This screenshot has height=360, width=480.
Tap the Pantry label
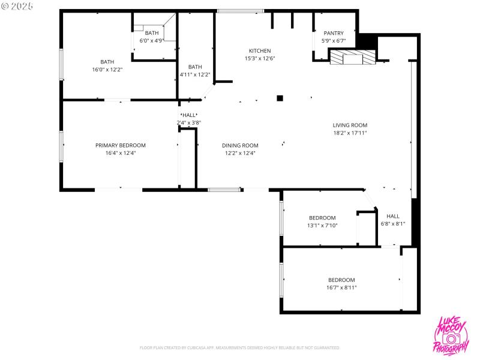(334, 34)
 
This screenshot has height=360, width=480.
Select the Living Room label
(350, 125)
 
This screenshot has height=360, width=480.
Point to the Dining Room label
(240, 145)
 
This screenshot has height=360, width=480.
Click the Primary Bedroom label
(121, 145)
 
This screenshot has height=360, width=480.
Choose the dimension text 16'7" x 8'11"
(341, 287)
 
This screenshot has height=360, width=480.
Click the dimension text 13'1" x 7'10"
(322, 226)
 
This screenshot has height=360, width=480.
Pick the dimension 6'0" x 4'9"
(152, 41)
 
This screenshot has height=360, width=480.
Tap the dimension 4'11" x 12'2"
(195, 74)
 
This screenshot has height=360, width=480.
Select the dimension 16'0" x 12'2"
(107, 70)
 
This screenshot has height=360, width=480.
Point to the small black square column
(280, 98)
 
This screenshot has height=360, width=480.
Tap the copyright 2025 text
(17, 5)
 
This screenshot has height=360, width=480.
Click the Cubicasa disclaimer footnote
(239, 347)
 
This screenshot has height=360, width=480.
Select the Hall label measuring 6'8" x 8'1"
(393, 216)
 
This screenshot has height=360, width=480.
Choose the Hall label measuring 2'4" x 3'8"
(189, 115)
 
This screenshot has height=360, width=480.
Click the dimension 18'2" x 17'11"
(350, 133)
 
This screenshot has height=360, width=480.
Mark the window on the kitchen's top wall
(240, 10)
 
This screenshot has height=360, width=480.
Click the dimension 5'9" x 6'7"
(334, 41)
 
